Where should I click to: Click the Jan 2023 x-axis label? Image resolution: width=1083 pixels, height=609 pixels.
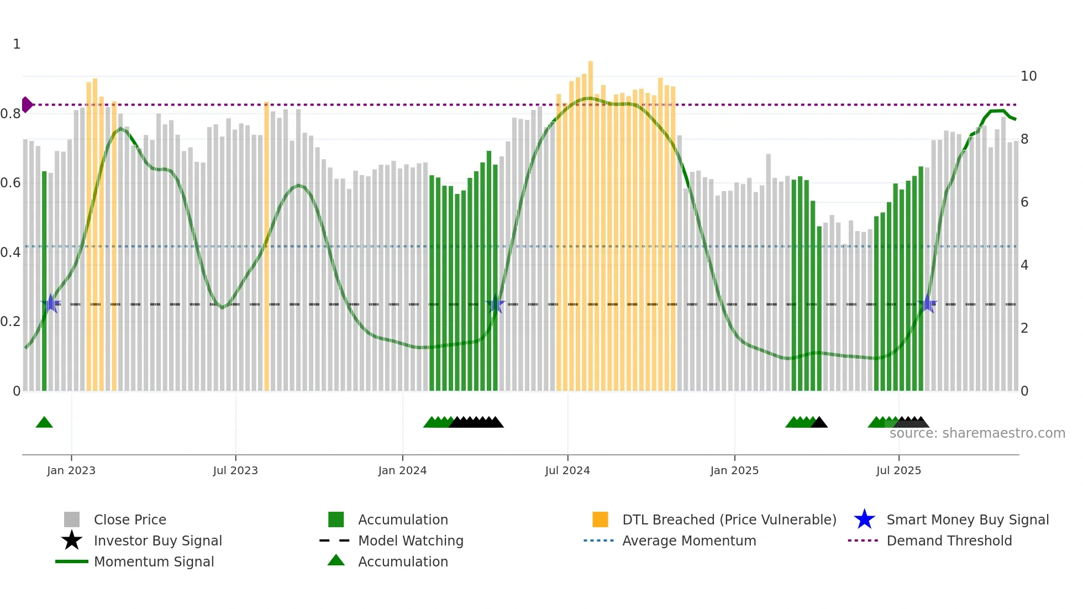point(71,470)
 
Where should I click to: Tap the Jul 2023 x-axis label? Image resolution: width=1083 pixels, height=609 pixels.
point(235,470)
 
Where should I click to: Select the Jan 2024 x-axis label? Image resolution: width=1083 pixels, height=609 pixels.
point(402,470)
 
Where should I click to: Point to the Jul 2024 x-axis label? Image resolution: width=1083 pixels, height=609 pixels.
point(567,470)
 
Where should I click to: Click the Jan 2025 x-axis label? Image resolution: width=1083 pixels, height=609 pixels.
point(734,470)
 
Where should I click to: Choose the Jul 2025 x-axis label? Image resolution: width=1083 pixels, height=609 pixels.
point(898,470)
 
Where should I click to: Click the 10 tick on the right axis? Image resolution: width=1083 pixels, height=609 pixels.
point(1028,76)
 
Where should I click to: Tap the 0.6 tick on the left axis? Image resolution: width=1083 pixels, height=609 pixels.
point(11,183)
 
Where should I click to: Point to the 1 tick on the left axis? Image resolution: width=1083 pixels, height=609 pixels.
point(17,44)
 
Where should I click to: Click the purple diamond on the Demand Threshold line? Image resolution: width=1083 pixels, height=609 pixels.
point(27,104)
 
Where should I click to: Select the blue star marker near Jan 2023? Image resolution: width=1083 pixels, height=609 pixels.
point(51,303)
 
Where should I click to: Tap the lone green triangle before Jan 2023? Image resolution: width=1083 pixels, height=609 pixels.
point(44,423)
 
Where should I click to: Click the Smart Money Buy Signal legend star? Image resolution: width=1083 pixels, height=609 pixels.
point(864,519)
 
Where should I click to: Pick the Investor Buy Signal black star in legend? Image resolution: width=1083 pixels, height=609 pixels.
point(72,540)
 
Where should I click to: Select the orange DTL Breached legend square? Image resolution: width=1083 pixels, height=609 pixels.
point(600,519)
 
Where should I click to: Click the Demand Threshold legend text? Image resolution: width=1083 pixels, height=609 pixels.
point(949,540)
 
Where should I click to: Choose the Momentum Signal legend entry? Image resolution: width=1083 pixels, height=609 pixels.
point(154,561)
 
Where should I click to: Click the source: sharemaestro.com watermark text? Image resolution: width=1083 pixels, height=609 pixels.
point(977,433)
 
